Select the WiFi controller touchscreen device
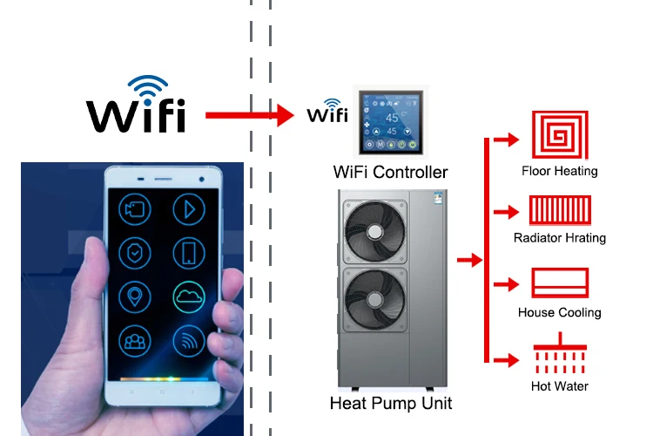pos(390,121)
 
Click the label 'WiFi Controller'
pos(390,172)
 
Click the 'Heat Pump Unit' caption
pos(391,404)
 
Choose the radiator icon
pos(560,210)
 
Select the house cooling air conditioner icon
pos(560,283)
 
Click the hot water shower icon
pos(559,358)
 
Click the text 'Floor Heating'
pos(560,171)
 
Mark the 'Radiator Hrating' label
pos(560,238)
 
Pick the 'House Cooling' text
pos(560,312)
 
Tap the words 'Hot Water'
pos(560,386)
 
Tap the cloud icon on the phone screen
pos(188,297)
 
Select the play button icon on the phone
pos(188,208)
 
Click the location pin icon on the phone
pos(136,297)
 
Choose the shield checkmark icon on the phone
pos(136,252)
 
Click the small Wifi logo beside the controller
pos(327,114)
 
